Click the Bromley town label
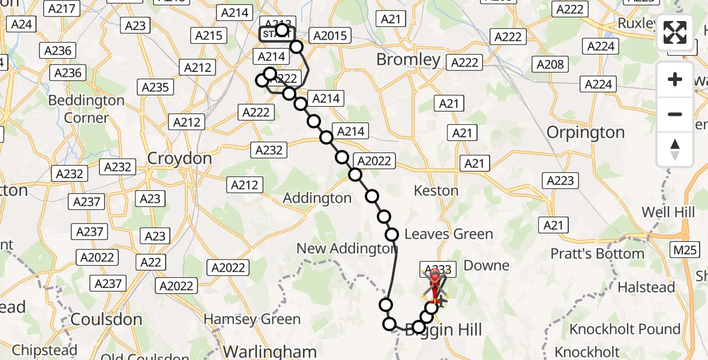pyautogui.click(x=408, y=59)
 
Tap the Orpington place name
pyautogui.click(x=586, y=132)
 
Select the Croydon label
pyautogui.click(x=179, y=159)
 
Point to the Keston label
pyautogui.click(x=436, y=191)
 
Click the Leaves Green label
pyautogui.click(x=449, y=235)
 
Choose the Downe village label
pyautogui.click(x=487, y=265)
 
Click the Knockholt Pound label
pyautogui.click(x=625, y=329)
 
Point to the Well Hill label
pyautogui.click(x=668, y=212)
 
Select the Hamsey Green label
pyautogui.click(x=253, y=319)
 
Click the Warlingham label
pyautogui.click(x=269, y=350)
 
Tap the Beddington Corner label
pyautogui.click(x=86, y=109)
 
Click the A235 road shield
pyautogui.click(x=155, y=88)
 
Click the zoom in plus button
pyautogui.click(x=675, y=80)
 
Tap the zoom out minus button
pyautogui.click(x=675, y=114)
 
